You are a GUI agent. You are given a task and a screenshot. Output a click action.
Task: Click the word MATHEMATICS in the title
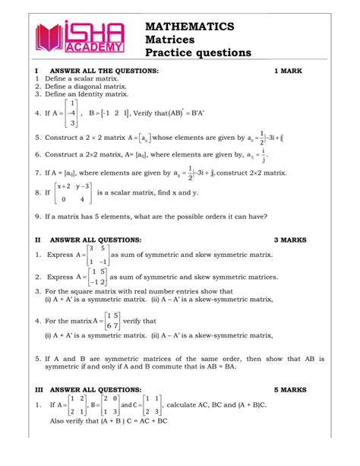(x=189, y=26)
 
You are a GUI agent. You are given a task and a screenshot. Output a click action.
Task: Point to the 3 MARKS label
(x=290, y=239)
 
